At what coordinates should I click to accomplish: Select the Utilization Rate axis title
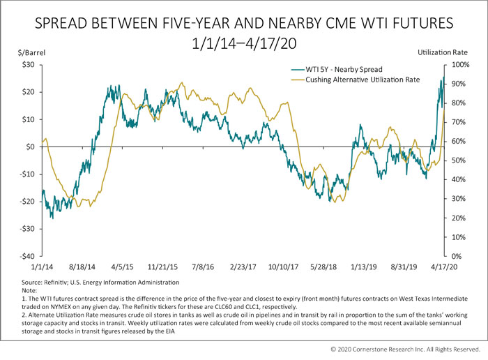point(442,52)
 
